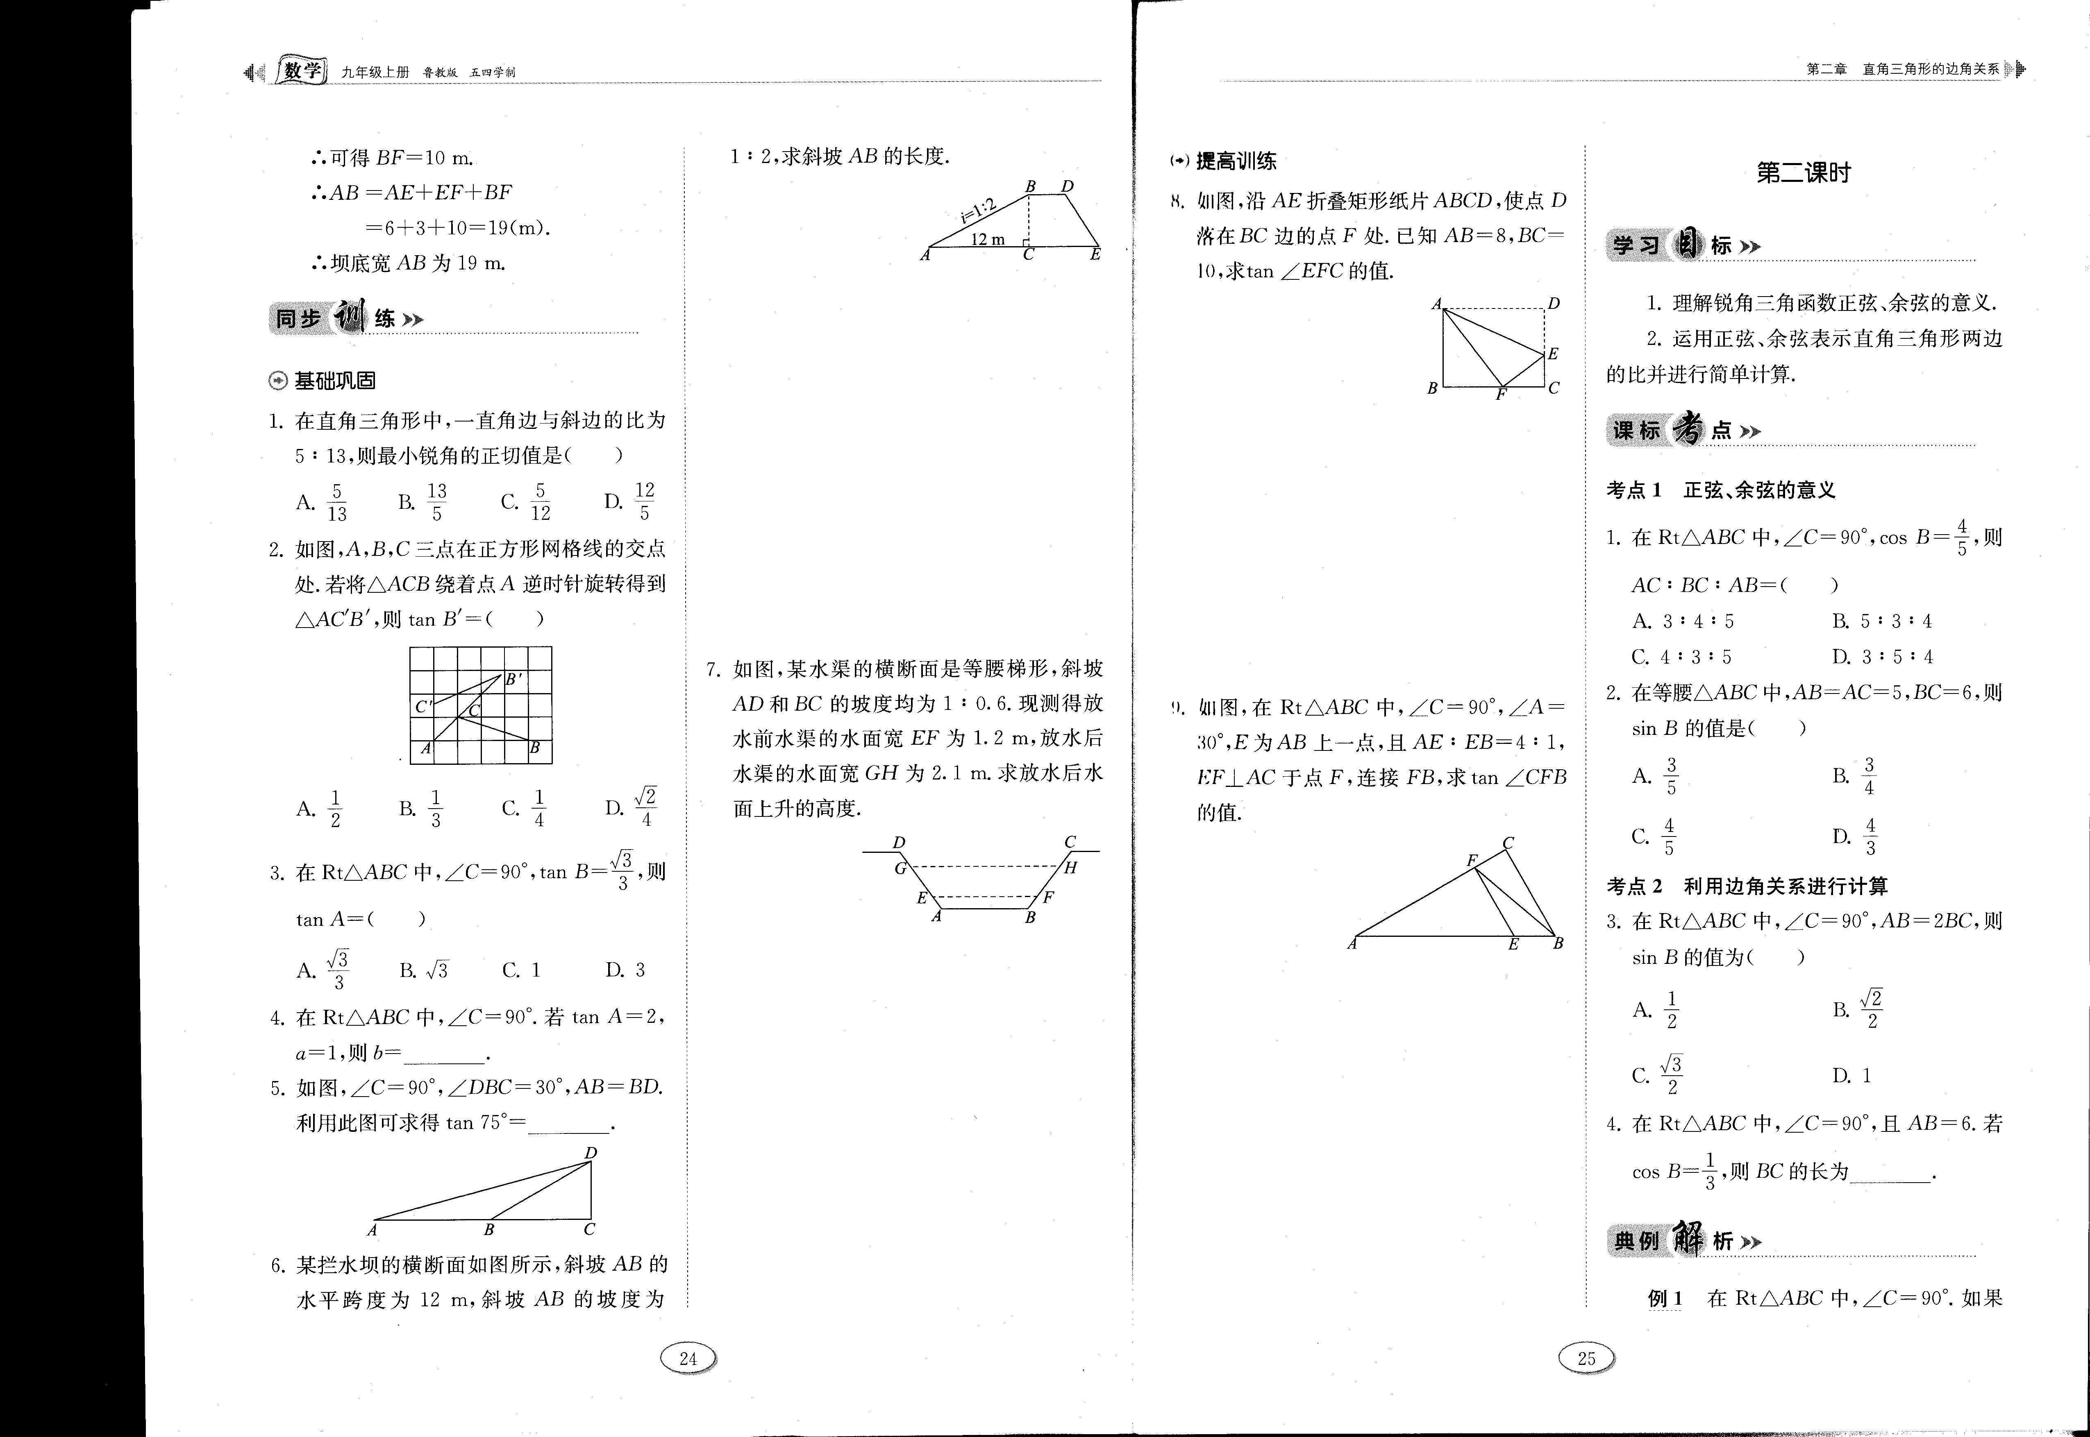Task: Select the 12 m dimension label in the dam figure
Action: [x=988, y=240]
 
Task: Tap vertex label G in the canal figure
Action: [x=900, y=868]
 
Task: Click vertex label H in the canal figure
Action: [x=1071, y=868]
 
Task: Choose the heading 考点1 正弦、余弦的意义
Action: [x=1720, y=491]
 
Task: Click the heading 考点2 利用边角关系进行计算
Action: [x=1747, y=886]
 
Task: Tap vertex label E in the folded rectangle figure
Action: [x=1552, y=354]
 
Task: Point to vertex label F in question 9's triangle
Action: [x=1472, y=861]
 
